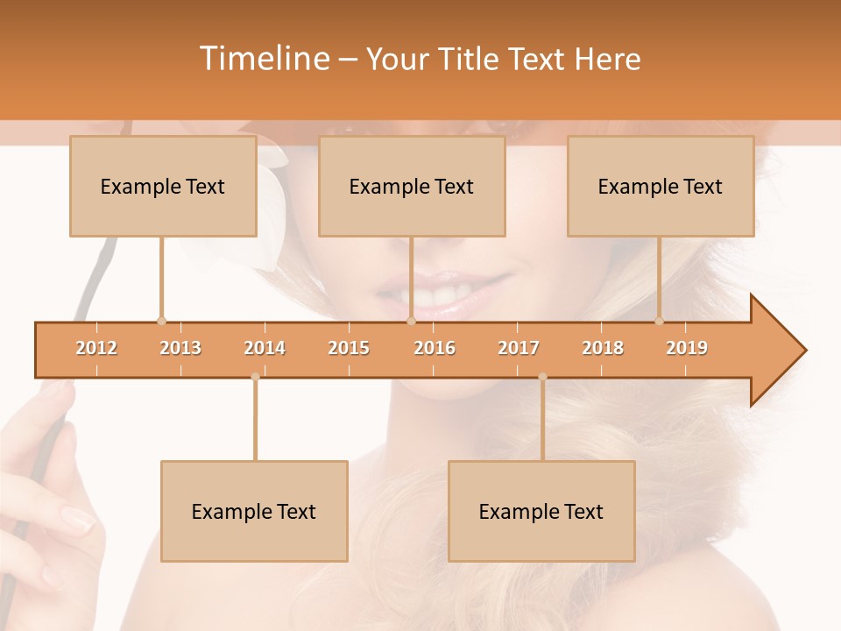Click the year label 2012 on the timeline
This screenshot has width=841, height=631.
[96, 348]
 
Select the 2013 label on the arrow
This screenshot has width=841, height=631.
[180, 348]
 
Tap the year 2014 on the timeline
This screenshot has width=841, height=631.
[265, 348]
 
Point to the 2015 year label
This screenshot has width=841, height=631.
[349, 348]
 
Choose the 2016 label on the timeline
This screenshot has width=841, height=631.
[435, 348]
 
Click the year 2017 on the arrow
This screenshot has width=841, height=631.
[519, 348]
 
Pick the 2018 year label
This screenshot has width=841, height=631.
[603, 348]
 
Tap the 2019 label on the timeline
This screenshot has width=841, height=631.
[687, 348]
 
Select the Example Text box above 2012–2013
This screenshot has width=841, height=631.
[163, 186]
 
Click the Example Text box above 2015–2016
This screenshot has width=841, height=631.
[412, 186]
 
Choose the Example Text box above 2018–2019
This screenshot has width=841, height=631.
[661, 186]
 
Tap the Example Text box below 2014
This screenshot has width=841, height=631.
[254, 511]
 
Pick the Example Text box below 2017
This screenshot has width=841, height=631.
[541, 511]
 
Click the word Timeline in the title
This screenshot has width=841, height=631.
[263, 59]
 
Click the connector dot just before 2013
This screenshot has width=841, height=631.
[161, 321]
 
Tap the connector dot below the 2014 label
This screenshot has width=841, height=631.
[255, 377]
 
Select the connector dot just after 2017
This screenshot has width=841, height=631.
[542, 377]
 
